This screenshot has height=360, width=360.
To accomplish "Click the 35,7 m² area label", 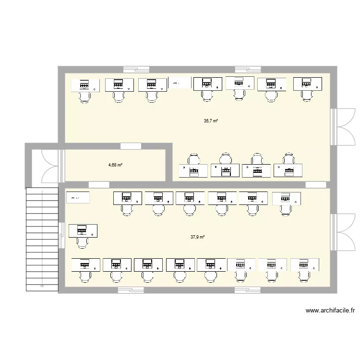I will pyautogui.click(x=211, y=121).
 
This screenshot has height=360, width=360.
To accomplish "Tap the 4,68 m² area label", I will pyautogui.click(x=115, y=165).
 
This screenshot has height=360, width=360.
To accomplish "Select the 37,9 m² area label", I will pyautogui.click(x=197, y=237).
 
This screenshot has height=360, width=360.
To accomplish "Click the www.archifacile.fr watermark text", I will pyautogui.click(x=330, y=311).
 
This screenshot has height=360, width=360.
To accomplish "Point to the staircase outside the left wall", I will pyautogui.click(x=41, y=237).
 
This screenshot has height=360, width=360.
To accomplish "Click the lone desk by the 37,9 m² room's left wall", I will pyautogui.click(x=83, y=231).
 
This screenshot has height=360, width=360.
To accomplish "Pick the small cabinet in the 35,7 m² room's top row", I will pyautogui.click(x=180, y=83).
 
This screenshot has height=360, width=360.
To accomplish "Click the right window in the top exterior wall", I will pyautogui.click(x=248, y=69).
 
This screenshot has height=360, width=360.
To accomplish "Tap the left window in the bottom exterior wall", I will pyautogui.click(x=131, y=290).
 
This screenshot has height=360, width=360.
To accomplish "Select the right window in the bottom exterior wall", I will pyautogui.click(x=248, y=290).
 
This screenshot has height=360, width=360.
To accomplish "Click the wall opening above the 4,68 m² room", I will pyautogui.click(x=131, y=146).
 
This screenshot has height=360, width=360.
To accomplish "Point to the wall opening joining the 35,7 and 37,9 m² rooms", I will pyautogui.click(x=316, y=185).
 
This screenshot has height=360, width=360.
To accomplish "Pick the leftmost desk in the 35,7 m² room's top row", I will pyautogui.click(x=86, y=85).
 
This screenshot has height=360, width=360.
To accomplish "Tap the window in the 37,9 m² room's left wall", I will pyautogui.click(x=61, y=236).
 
